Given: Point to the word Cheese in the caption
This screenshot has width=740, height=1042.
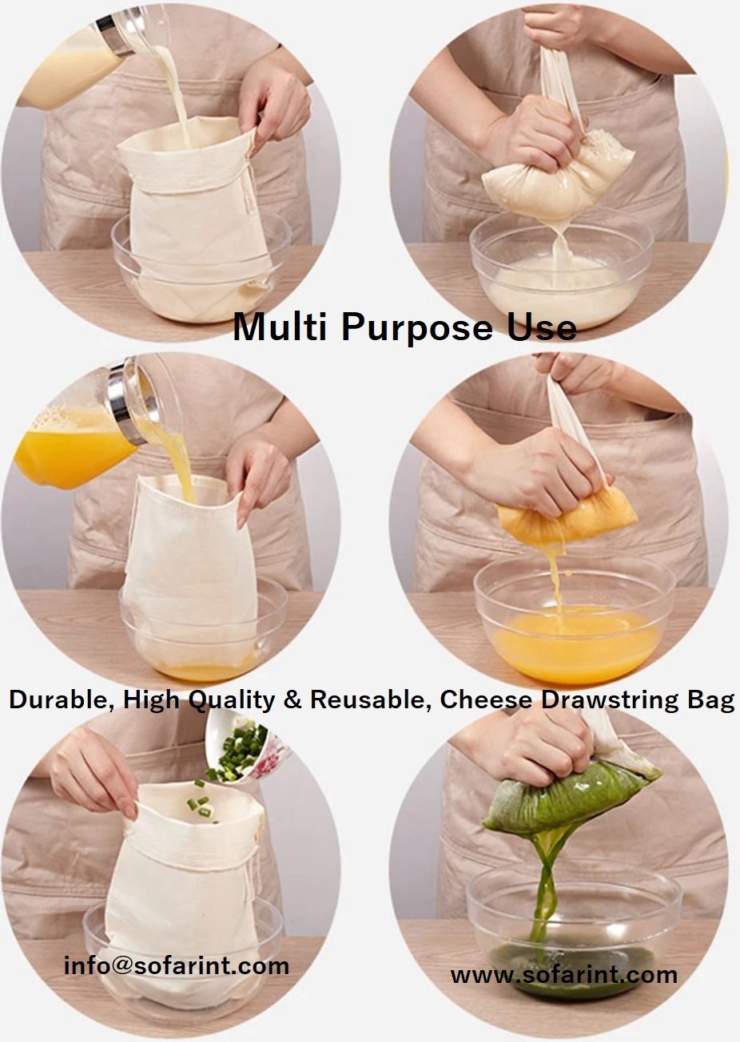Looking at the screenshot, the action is pos(486,699).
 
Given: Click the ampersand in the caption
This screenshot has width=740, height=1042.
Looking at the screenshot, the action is pos(292,699).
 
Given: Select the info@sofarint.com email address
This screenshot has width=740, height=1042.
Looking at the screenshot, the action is pos(177,965).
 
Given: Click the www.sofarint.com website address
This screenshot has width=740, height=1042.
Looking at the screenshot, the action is pos(564,975).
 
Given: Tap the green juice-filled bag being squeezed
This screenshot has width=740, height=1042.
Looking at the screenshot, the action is pos(571,796).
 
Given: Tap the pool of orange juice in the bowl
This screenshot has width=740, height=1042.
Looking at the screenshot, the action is pos(576,643).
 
